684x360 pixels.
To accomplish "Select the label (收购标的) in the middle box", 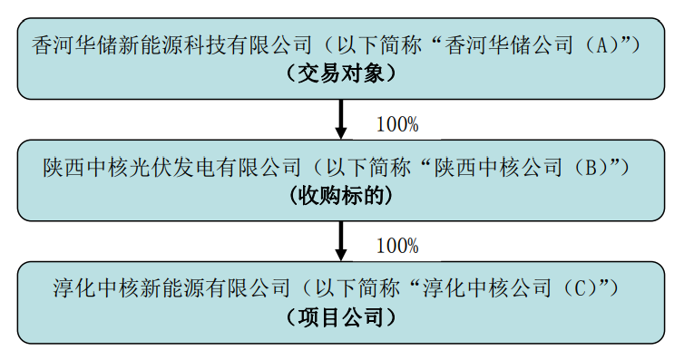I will click(x=341, y=197).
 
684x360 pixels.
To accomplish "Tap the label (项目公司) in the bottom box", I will click(x=341, y=318).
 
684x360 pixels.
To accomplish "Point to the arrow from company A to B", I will click(x=341, y=119).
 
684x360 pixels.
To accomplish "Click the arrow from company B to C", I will click(x=341, y=241).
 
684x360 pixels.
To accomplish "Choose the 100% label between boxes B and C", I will click(x=396, y=246).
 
